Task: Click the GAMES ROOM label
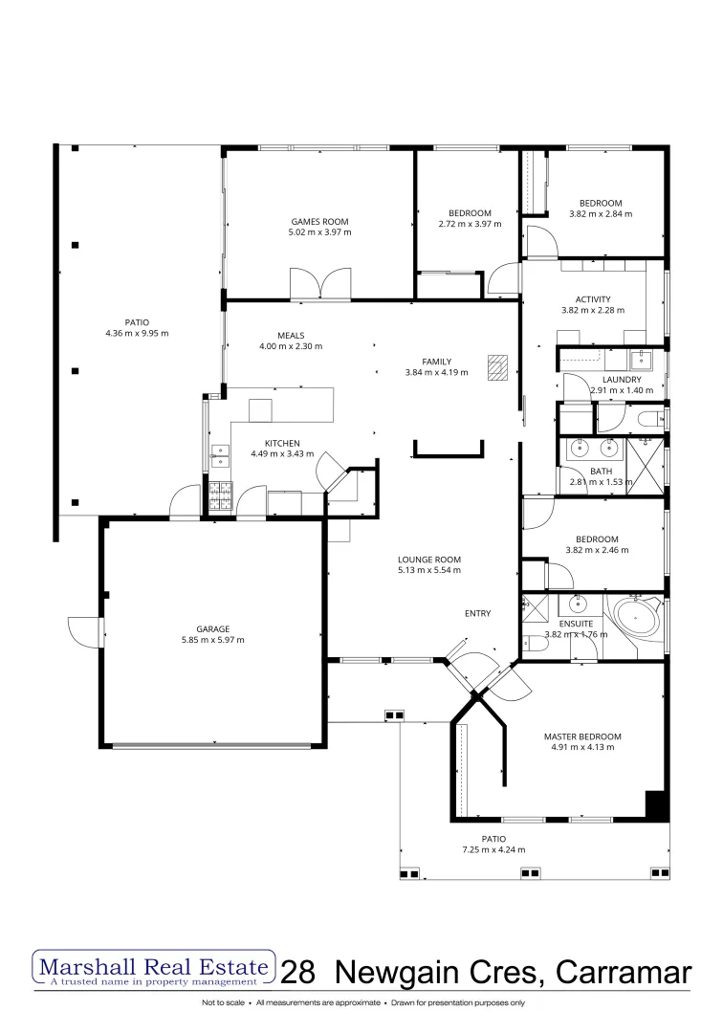(319, 220)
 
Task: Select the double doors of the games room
(320, 285)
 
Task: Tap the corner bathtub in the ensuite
(634, 617)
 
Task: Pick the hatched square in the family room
(496, 367)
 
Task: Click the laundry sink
(641, 361)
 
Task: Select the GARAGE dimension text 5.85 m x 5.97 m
(213, 640)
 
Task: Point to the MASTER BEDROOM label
(582, 736)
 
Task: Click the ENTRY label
(477, 613)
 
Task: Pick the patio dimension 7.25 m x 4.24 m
(493, 849)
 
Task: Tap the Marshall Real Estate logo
(154, 968)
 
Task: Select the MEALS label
(291, 336)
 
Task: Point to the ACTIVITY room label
(593, 299)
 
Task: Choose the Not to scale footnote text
(221, 1003)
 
